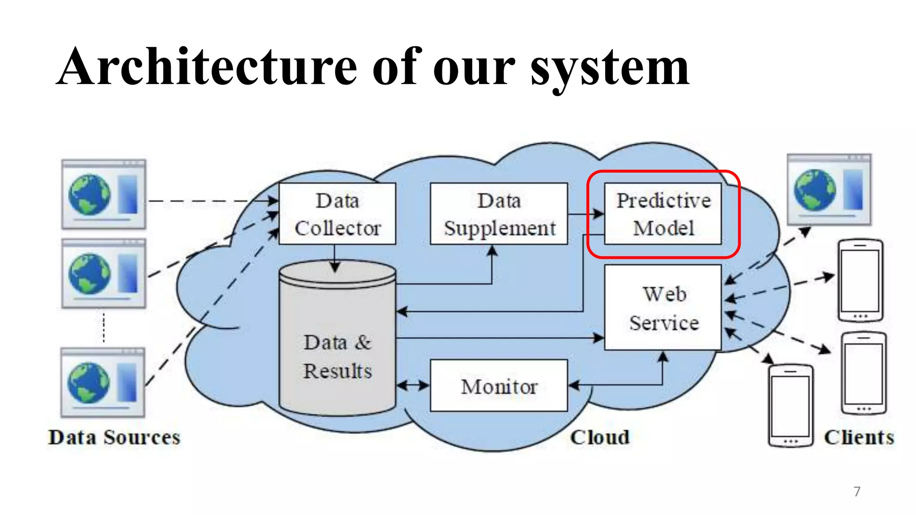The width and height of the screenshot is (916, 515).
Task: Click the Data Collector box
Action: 337,214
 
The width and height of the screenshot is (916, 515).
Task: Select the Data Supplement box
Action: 499,214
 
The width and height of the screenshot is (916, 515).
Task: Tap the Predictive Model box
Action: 662,214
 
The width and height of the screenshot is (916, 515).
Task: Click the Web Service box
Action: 662,308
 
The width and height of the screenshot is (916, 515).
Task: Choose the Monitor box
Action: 499,386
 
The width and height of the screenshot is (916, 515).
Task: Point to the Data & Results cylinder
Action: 337,349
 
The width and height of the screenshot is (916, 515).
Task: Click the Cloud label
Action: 599,437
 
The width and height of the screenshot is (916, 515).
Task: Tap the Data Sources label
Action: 114,437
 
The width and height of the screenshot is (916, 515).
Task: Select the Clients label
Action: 859,437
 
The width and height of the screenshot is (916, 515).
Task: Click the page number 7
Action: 857,491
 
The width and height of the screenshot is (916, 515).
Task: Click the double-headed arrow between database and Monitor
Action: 413,385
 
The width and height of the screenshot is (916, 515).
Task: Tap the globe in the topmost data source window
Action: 89,195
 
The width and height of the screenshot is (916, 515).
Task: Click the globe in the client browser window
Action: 814,190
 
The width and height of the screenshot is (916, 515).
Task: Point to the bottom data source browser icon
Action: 103,383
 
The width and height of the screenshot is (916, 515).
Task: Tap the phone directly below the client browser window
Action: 860,280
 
